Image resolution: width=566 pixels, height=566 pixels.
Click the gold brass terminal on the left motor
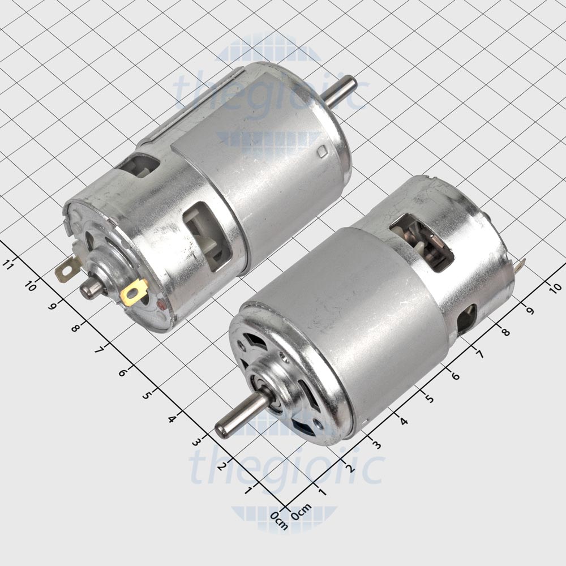[135, 292]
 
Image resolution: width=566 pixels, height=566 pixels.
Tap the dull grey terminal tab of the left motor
[67, 268]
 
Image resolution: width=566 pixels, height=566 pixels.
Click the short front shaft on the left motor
[92, 288]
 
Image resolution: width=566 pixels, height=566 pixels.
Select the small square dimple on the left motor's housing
[322, 152]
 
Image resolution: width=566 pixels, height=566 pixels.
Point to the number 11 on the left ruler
[9, 264]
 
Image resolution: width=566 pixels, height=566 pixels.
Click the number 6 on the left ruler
[123, 373]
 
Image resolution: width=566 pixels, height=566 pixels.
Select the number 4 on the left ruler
[170, 418]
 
